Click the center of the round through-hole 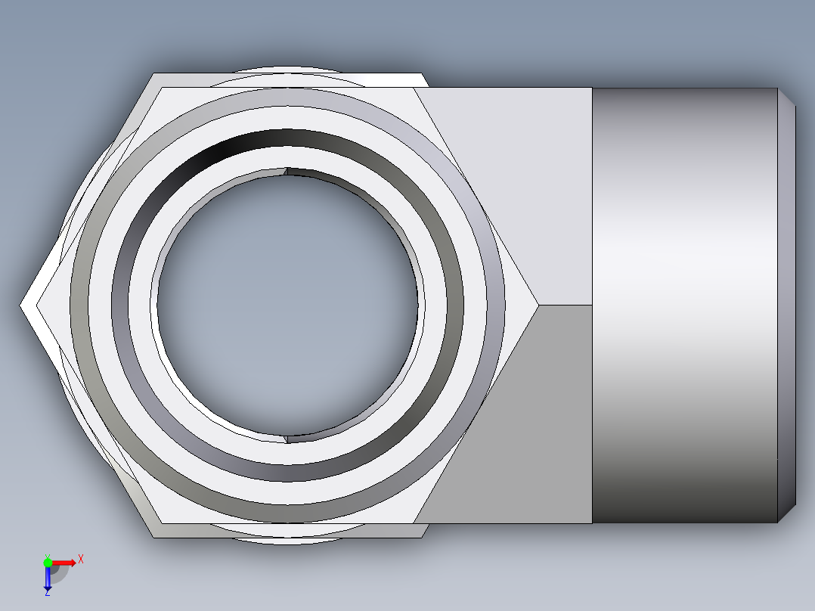(287, 305)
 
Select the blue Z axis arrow (48, 578)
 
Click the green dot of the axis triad (48, 562)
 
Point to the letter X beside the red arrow (81, 560)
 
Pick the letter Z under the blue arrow (48, 594)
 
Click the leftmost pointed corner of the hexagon (22, 305)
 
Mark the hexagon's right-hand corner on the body (537, 305)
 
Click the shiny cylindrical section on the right (684, 305)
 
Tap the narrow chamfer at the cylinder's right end (786, 305)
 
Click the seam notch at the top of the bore (287, 171)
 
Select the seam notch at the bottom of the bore (287, 439)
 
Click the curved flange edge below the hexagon (287, 540)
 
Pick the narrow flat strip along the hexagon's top (287, 80)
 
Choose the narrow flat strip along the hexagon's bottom (287, 530)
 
